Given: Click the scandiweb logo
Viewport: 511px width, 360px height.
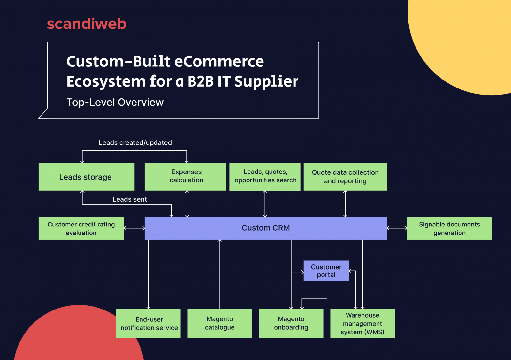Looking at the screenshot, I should pos(87,24).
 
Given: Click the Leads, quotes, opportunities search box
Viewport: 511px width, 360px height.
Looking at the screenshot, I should pos(265,176).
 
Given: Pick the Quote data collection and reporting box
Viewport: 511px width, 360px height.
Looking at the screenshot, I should pos(345,177).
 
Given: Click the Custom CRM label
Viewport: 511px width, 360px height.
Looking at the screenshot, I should pos(266,228).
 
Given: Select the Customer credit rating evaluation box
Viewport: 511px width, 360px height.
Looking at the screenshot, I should pos(81,228).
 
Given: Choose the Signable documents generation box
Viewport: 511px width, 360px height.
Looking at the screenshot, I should pos(449,228).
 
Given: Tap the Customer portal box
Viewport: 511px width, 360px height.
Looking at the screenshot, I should pos(326,271).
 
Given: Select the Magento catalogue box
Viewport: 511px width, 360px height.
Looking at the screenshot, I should pos(220,323).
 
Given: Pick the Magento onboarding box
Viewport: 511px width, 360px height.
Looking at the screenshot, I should pos(291,323).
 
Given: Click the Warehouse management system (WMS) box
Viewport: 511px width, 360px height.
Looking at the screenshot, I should pos(362,323).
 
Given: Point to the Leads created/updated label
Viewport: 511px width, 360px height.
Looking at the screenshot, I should pos(135,143).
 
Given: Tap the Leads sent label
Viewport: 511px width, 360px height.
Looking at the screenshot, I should pos(130,199).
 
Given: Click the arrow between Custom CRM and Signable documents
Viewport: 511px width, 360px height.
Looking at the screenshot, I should pos(397,228).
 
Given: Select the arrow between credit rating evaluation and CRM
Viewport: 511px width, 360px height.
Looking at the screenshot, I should pos(134,228).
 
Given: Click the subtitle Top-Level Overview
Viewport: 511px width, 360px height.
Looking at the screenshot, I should pos(115,102).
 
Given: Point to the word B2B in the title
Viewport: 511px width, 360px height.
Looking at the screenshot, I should pos(200,81).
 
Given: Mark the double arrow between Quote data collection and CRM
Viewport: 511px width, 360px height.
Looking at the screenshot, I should pos(345,204).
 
